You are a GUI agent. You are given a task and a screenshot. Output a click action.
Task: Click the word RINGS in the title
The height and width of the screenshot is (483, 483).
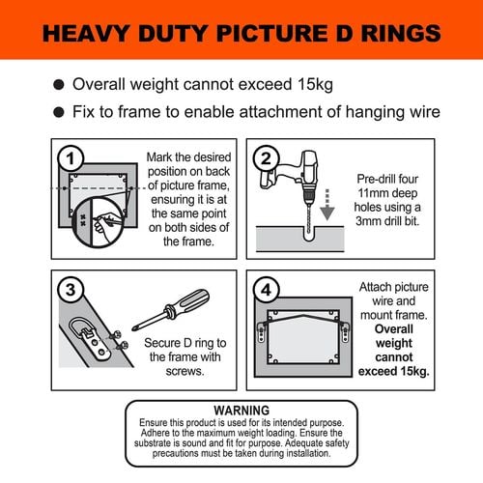pyautogui.click(x=401, y=33)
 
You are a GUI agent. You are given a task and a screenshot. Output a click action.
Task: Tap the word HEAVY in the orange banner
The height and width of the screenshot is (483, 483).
pyautogui.click(x=86, y=33)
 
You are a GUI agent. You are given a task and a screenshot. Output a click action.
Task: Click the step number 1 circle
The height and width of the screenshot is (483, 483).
pyautogui.click(x=71, y=158)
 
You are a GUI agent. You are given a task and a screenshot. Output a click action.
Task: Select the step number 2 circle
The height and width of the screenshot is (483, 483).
pyautogui.click(x=267, y=158)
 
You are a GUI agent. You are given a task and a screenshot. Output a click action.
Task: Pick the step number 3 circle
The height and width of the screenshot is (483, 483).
pyautogui.click(x=71, y=290)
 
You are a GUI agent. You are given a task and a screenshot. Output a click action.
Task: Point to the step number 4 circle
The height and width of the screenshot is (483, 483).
pyautogui.click(x=267, y=290)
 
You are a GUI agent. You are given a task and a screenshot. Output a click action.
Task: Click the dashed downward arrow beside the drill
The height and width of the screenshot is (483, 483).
pyautogui.click(x=327, y=205)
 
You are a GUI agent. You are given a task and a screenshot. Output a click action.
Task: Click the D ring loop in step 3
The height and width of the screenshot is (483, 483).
pyautogui.click(x=80, y=326)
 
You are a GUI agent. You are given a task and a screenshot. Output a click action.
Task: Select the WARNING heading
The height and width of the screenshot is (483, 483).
pyautogui.click(x=241, y=411)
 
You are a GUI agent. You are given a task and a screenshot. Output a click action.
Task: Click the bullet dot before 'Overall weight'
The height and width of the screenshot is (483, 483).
pyautogui.click(x=59, y=85)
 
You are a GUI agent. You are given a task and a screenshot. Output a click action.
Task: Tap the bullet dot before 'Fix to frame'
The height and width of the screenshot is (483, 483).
pyautogui.click(x=59, y=112)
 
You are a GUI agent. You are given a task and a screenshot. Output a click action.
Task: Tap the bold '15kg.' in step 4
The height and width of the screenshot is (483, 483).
pyautogui.click(x=413, y=371)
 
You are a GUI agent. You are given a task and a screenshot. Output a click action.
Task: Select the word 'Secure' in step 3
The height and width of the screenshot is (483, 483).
pyautogui.click(x=162, y=343)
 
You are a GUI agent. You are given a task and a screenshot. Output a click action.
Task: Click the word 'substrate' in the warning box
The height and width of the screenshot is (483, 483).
pyautogui.click(x=153, y=443)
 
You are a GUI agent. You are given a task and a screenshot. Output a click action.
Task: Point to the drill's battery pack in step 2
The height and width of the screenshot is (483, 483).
pyautogui.click(x=269, y=180)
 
